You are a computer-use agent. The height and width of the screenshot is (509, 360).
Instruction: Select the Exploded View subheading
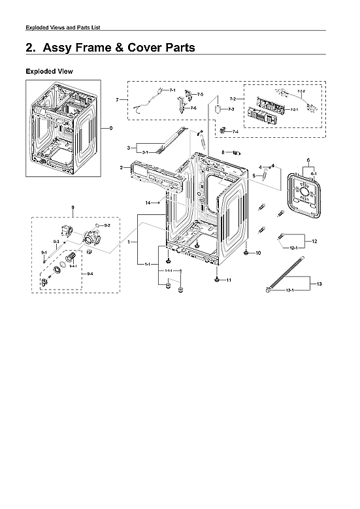[x=49, y=71]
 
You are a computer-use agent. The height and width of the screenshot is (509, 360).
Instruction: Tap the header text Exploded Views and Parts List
[x=62, y=27]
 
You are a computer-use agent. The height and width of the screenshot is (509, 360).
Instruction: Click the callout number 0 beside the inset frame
[x=111, y=128]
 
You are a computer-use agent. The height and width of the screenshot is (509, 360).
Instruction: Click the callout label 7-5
[x=200, y=95]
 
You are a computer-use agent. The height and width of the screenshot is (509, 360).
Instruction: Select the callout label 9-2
[x=107, y=225]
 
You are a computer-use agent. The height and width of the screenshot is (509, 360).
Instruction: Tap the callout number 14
[x=148, y=203]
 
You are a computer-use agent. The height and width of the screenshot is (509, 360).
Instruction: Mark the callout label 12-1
[x=293, y=248]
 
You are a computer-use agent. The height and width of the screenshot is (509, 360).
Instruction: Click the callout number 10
[x=257, y=252]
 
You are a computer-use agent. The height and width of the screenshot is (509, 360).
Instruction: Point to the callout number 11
[x=229, y=280]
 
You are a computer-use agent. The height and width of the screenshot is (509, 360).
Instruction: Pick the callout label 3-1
[x=144, y=152]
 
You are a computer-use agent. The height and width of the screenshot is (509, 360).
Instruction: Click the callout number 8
[x=223, y=152]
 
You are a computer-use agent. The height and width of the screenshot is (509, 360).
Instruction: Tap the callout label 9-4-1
[x=74, y=267]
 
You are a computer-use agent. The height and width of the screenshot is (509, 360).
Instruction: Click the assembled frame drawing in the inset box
[x=63, y=127]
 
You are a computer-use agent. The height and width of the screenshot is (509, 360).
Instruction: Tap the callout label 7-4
[x=235, y=132]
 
